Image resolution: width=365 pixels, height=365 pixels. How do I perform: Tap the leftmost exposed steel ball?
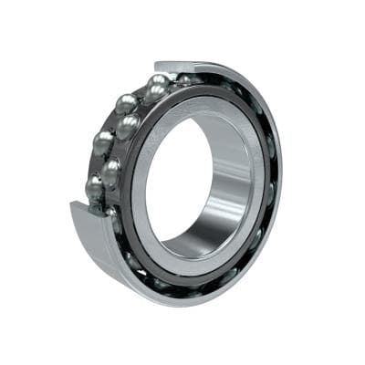tap(93, 187)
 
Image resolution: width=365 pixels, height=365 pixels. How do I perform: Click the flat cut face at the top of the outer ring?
tap(187, 66)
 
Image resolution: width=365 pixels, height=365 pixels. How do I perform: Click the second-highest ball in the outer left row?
tap(126, 103)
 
